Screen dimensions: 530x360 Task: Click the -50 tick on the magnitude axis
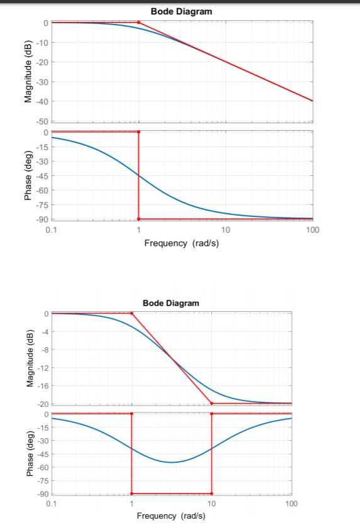pyautogui.click(x=41, y=121)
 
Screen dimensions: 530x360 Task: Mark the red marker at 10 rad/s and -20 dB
pyautogui.click(x=212, y=403)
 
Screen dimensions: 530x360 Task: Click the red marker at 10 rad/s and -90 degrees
pyautogui.click(x=212, y=494)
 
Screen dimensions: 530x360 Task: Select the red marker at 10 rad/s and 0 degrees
pyautogui.click(x=212, y=414)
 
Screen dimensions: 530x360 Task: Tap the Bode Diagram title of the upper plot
pyautogui.click(x=181, y=12)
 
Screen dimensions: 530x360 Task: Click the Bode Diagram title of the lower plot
pyautogui.click(x=171, y=303)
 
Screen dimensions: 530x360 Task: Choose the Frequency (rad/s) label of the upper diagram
pyautogui.click(x=182, y=243)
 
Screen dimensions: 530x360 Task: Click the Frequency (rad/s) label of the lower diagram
pyautogui.click(x=171, y=516)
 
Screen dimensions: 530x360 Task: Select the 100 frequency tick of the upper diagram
pyautogui.click(x=312, y=231)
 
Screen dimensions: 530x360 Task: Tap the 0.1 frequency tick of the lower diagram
pyautogui.click(x=52, y=505)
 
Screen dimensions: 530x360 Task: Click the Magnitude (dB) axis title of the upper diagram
pyautogui.click(x=28, y=71)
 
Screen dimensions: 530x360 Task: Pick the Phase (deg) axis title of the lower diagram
pyautogui.click(x=28, y=454)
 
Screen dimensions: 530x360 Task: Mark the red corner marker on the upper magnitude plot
pyautogui.click(x=138, y=23)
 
